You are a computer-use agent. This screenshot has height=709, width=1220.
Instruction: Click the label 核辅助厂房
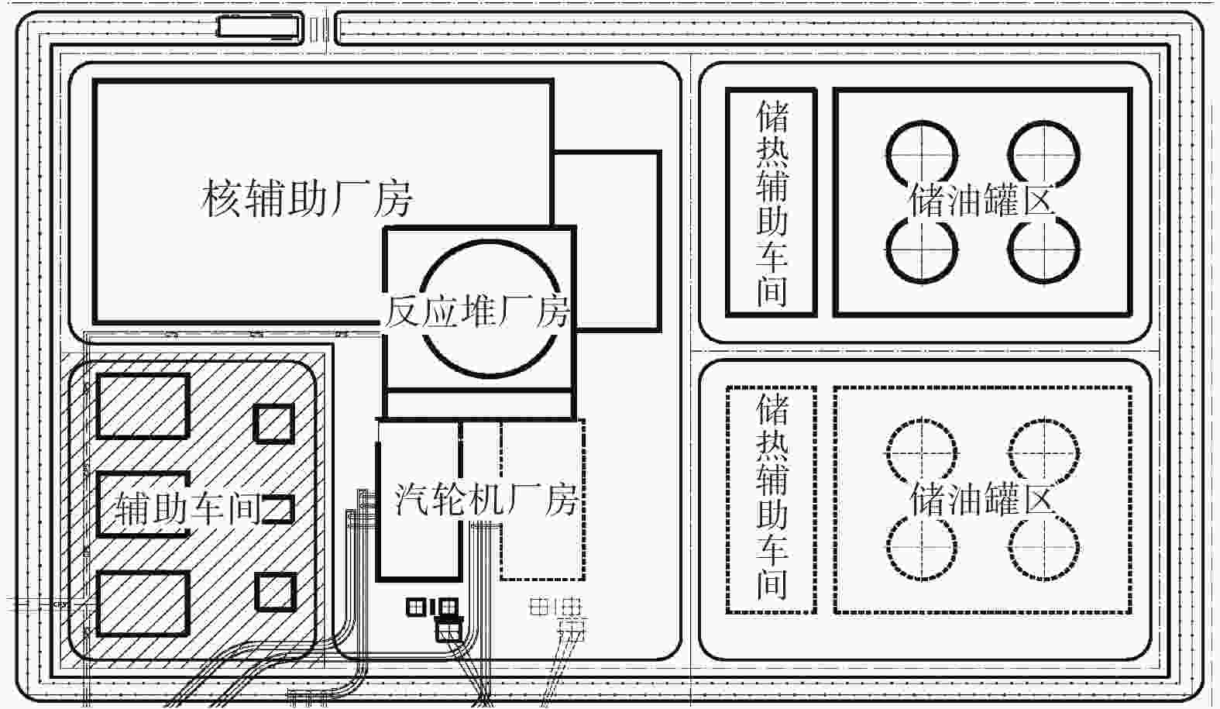pyautogui.click(x=307, y=199)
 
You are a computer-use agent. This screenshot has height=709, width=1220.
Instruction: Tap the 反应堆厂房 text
pyautogui.click(x=477, y=312)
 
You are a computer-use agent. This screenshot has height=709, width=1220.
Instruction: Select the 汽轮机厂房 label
pyautogui.click(x=485, y=500)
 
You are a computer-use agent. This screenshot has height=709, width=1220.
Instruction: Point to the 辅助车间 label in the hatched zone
pyautogui.click(x=188, y=508)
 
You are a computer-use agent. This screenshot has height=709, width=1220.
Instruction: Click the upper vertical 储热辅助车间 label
pyautogui.click(x=772, y=204)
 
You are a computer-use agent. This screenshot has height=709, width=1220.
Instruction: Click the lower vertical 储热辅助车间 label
pyautogui.click(x=772, y=496)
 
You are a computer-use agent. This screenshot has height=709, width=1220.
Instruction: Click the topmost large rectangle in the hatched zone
pyautogui.click(x=143, y=375)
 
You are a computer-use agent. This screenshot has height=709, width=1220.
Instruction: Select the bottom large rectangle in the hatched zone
pyautogui.click(x=143, y=573)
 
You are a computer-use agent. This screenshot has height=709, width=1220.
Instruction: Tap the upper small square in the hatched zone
pyautogui.click(x=274, y=405)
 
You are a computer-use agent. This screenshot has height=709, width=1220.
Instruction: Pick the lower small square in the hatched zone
pyautogui.click(x=276, y=575)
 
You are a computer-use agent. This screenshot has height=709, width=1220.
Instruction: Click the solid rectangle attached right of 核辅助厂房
pyautogui.click(x=659, y=240)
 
